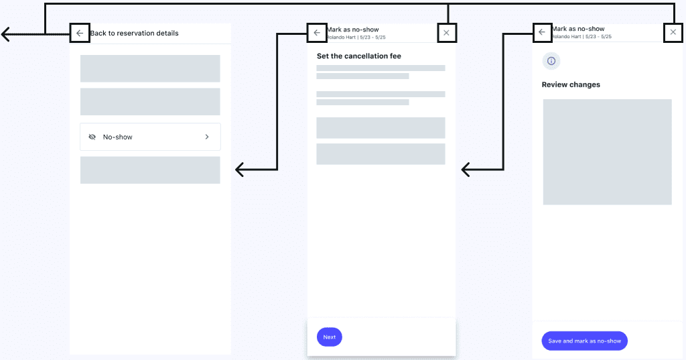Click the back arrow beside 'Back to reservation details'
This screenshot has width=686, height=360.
coord(80,34)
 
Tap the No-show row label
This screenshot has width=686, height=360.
coord(117,137)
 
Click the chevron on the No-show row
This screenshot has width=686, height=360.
coord(207,137)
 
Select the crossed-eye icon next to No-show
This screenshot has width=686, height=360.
coord(92,137)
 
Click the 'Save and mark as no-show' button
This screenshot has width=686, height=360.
coord(584,341)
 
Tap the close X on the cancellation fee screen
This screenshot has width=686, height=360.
coord(446,33)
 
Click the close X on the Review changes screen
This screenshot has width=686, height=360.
coord(673,32)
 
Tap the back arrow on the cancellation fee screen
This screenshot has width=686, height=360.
coord(317,33)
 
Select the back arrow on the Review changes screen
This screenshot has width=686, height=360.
coord(541,32)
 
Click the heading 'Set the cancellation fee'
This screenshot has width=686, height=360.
coord(359,56)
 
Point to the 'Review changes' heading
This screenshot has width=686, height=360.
coord(571,84)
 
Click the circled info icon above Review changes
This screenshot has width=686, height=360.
coord(551,61)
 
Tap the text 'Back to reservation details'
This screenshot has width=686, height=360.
coord(134,34)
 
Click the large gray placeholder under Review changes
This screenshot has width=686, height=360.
coord(607,152)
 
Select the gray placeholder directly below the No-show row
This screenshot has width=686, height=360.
coord(150,170)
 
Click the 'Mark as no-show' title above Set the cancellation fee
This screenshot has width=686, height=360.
coord(352,29)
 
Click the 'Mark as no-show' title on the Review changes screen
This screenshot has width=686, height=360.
coord(578,28)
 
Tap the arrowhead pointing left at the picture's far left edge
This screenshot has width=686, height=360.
coord(5,34)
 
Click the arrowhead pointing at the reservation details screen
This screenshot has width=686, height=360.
coord(239,170)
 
